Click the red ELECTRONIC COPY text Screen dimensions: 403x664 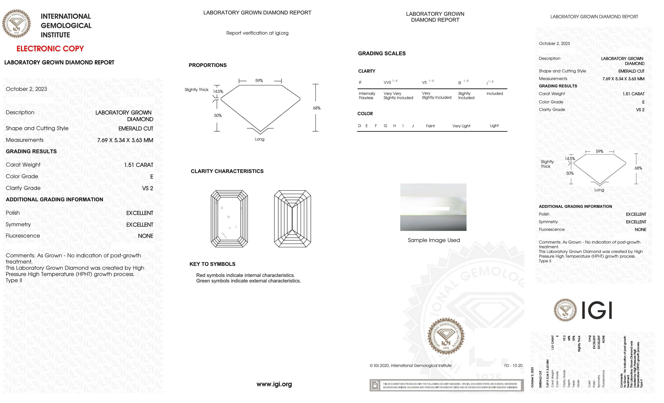point(50,49)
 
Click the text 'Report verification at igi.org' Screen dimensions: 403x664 point(257,33)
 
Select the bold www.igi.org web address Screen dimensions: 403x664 point(274,384)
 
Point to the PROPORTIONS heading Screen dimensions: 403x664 point(207,65)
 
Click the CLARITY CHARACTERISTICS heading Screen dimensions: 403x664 point(227,171)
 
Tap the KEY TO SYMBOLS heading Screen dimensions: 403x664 point(212,264)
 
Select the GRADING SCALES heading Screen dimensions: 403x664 point(382,54)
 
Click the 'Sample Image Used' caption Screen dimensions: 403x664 point(434,240)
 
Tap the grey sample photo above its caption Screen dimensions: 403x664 point(433,207)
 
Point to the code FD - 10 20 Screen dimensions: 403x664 point(513,366)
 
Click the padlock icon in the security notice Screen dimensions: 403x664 point(375,385)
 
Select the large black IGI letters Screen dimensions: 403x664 point(597,310)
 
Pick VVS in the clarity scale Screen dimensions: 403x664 point(387,82)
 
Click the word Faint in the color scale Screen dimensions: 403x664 point(430,126)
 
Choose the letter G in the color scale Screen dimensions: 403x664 point(385,126)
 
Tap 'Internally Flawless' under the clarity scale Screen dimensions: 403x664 point(367,96)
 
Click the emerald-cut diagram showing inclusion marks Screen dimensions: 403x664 point(229,219)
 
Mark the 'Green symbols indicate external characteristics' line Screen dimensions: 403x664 point(249,281)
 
